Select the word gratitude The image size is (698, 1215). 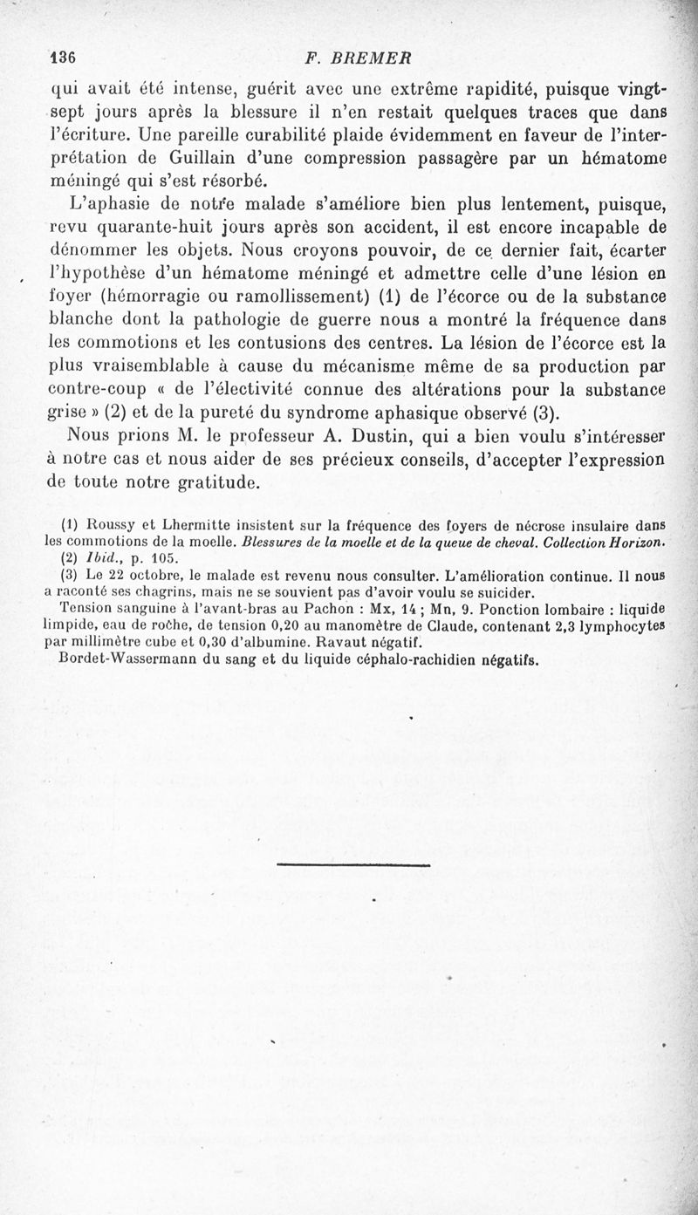[x=209, y=481]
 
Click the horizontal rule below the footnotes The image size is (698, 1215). [x=353, y=864]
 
